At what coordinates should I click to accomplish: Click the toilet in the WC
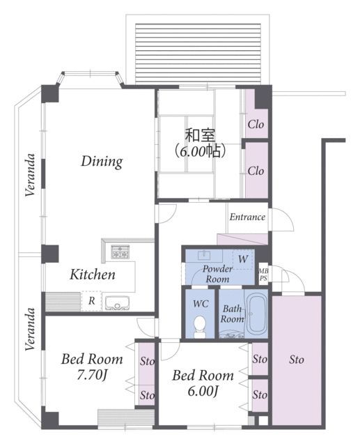[x=200, y=327]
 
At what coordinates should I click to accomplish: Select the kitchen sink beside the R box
[x=118, y=303]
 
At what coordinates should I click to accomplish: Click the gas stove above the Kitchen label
[x=120, y=252]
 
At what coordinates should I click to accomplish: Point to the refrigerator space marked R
[x=91, y=300]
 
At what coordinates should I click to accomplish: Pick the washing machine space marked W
[x=243, y=259]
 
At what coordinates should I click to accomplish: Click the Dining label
[x=102, y=162]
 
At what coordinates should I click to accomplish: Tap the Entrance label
[x=247, y=217]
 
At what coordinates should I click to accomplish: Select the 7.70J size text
[x=92, y=375]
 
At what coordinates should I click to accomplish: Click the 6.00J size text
[x=203, y=392]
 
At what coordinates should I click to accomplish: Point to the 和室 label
[x=200, y=135]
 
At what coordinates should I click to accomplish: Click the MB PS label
[x=263, y=275]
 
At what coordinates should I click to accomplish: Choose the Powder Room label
[x=217, y=274]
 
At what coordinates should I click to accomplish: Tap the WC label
[x=201, y=304]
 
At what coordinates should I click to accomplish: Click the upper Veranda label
[x=30, y=175]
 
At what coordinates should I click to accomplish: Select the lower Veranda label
[x=30, y=329]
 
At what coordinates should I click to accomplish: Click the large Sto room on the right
[x=297, y=360]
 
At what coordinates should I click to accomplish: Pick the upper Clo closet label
[x=256, y=124]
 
